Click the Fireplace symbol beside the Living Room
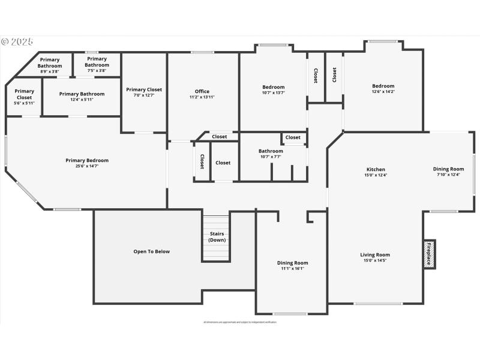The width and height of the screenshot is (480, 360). tap(430, 254)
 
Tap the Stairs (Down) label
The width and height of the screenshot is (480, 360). tap(217, 236)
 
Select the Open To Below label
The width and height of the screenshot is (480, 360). tap(151, 251)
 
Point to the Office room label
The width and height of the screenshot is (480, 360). tap(202, 94)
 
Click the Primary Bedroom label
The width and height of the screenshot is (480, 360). tap(87, 163)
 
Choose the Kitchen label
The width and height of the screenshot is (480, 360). tap(376, 172)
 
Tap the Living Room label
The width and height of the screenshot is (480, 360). tap(375, 257)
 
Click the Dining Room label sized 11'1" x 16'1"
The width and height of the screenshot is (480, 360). tap(292, 265)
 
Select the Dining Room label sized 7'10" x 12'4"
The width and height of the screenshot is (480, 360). tap(448, 172)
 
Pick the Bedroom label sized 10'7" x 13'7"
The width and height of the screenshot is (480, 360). tap(273, 89)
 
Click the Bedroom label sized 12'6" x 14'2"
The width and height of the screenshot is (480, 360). tap(383, 89)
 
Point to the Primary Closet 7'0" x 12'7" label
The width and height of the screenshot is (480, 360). tap(144, 92)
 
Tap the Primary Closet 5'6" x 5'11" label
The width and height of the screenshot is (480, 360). tap(25, 97)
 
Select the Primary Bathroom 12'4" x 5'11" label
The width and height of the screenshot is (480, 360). tap(82, 96)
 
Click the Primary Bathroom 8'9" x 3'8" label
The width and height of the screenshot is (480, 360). tap(50, 65)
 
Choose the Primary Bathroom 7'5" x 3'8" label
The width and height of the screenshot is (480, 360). tap(97, 64)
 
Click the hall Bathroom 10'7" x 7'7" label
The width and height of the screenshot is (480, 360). tap(271, 154)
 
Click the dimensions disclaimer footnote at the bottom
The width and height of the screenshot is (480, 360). tap(240, 322)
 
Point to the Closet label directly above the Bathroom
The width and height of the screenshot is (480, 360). tap(293, 137)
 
